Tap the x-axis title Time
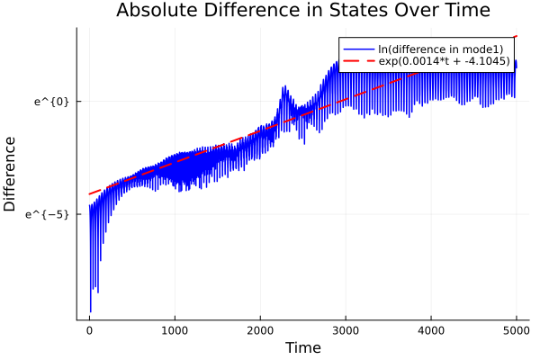click(x=302, y=348)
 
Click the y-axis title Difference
click(x=11, y=174)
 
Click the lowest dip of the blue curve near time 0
click(x=90, y=311)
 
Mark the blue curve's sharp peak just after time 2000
click(x=285, y=87)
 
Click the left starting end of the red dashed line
click(x=89, y=193)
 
